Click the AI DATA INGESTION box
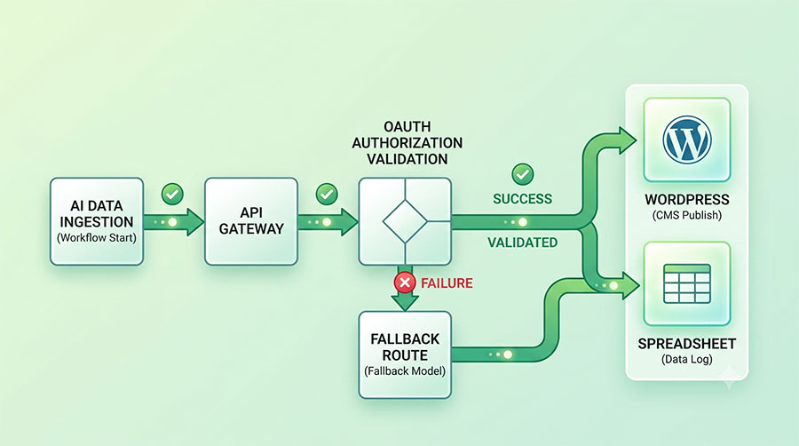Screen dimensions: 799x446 [x=97, y=221]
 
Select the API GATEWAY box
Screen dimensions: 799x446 [x=251, y=221]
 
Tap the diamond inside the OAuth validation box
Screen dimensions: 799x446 [x=405, y=221]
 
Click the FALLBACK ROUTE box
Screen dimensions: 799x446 [x=405, y=354]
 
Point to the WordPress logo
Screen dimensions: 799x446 [x=687, y=139]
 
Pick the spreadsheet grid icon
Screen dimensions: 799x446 [x=687, y=283]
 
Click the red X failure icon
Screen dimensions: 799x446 [x=405, y=283]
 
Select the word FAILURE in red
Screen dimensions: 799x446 [x=447, y=283]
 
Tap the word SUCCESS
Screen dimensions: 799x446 [x=522, y=199]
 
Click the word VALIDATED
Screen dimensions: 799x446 [x=522, y=243]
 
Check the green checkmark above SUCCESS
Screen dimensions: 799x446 [x=522, y=174]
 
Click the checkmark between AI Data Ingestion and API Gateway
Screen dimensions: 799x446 [x=172, y=195]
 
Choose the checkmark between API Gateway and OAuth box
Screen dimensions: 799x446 [x=327, y=195]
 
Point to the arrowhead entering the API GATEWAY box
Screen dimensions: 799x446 [x=194, y=222]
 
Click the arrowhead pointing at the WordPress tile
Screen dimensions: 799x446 [x=627, y=140]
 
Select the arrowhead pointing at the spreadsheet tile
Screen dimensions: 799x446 [x=630, y=285]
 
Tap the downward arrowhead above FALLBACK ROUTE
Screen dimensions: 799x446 [x=405, y=303]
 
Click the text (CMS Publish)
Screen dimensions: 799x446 [x=687, y=215]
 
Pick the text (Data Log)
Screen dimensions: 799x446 [x=687, y=359]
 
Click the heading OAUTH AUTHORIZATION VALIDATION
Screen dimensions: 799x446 [x=407, y=143]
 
